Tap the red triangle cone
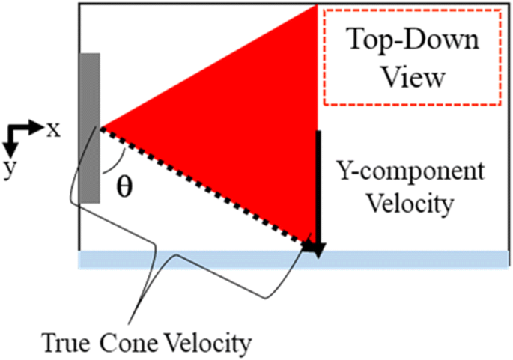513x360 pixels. [247, 127]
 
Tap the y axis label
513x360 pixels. [9, 169]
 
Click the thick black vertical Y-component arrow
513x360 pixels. [319, 187]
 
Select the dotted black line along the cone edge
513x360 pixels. [202, 187]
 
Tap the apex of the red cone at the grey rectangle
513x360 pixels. [101, 127]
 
